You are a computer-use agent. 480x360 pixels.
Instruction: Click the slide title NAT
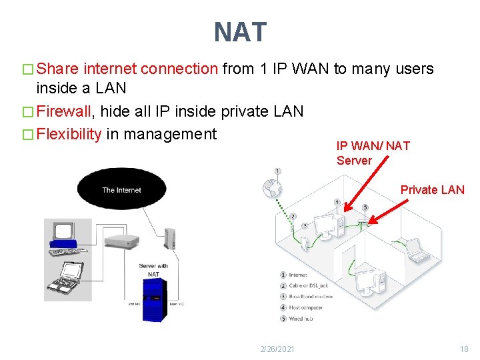(x=240, y=32)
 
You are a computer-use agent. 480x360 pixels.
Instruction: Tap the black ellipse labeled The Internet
(x=121, y=190)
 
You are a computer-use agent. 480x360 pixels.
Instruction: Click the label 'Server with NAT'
(x=153, y=269)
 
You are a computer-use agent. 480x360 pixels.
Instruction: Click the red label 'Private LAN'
(x=432, y=190)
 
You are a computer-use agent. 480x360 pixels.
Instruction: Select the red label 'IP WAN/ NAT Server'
(x=373, y=153)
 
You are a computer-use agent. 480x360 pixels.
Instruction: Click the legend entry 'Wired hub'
(x=301, y=319)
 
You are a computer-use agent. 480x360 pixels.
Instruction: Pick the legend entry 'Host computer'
(x=306, y=307)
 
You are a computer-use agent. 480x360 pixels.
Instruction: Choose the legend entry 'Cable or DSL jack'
(x=309, y=285)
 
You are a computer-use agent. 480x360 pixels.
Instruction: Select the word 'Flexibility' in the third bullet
(x=69, y=134)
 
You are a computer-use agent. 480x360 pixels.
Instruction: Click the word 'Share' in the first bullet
(x=58, y=69)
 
